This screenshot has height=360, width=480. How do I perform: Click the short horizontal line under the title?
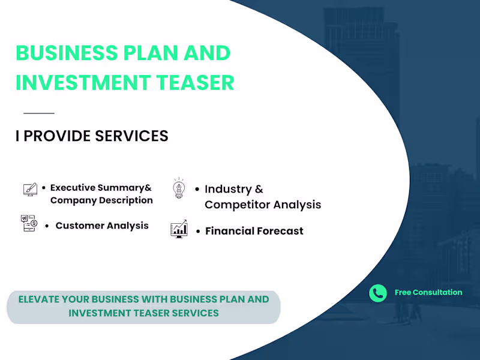(x=38, y=113)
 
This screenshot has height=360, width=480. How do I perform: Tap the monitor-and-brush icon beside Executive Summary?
(x=30, y=190)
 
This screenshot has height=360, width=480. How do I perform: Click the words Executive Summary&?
(x=101, y=188)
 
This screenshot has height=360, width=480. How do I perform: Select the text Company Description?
(x=101, y=200)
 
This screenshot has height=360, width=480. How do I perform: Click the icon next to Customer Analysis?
(x=29, y=223)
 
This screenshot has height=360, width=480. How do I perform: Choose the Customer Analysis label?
(x=102, y=226)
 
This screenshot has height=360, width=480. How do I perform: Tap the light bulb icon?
(x=179, y=188)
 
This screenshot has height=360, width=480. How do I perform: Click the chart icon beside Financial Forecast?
(x=179, y=229)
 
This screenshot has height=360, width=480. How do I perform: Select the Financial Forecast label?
(x=254, y=231)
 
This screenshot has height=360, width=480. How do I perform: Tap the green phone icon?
(x=378, y=293)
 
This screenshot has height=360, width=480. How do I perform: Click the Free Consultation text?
(x=428, y=293)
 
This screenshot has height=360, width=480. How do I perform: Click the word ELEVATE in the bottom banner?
(x=40, y=299)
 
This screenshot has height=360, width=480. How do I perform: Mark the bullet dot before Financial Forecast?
(x=197, y=231)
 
